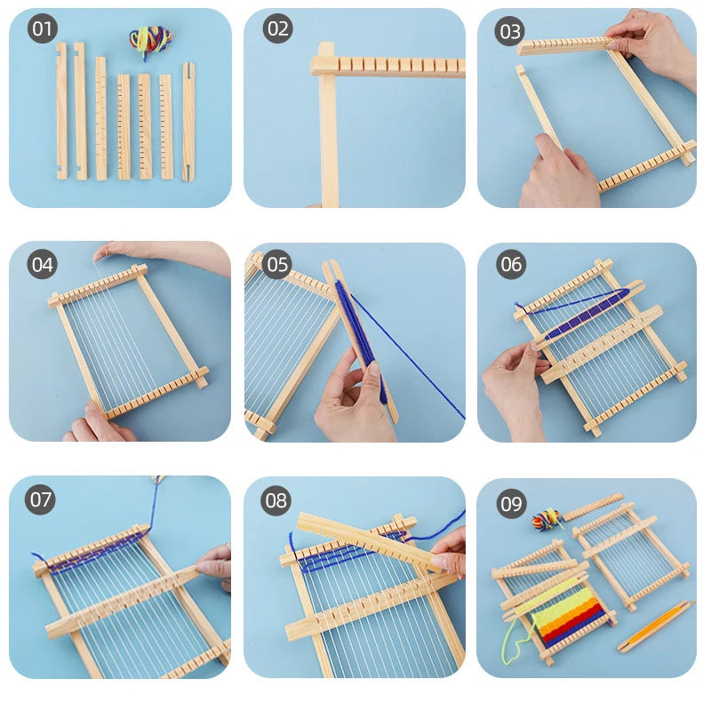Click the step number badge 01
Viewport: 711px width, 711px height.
[43, 29]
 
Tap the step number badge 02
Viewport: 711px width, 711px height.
[277, 29]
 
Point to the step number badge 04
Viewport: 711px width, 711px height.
[42, 264]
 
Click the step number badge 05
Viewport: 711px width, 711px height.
[277, 264]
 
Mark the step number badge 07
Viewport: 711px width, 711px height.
[41, 499]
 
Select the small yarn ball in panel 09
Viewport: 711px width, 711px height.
[547, 518]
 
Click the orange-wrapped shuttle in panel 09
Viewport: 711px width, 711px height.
[656, 626]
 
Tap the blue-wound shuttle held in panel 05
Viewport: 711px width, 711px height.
[360, 338]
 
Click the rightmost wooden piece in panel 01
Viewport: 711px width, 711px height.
[188, 122]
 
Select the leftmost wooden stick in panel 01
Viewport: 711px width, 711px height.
[61, 111]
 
